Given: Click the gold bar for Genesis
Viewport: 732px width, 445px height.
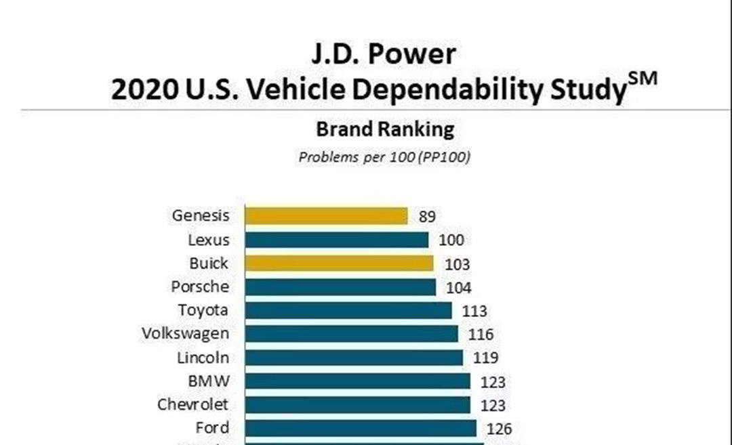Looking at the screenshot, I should pyautogui.click(x=326, y=216).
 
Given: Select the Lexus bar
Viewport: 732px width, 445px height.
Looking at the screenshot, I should pyautogui.click(x=336, y=240).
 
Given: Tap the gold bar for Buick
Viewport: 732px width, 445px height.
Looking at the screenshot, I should pyautogui.click(x=339, y=263).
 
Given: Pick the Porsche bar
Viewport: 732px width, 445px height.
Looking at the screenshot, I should pyautogui.click(x=340, y=287).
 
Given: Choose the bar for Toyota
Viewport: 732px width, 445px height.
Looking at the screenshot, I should pyautogui.click(x=348, y=310).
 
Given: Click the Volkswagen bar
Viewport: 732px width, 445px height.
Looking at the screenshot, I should pyautogui.click(x=351, y=334).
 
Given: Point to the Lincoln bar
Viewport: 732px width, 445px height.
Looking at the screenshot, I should pyautogui.click(x=354, y=358).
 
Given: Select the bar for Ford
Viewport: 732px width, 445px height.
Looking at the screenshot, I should pyautogui.click(x=360, y=428).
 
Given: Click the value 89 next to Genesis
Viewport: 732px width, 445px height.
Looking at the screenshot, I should pyautogui.click(x=427, y=217).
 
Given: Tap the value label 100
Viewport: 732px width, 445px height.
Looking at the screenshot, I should pyautogui.click(x=451, y=240).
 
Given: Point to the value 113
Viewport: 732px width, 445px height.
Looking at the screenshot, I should pyautogui.click(x=474, y=311).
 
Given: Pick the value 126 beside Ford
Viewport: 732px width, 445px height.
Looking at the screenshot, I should pyautogui.click(x=499, y=428).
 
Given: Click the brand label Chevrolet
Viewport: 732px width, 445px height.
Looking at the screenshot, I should pyautogui.click(x=193, y=404).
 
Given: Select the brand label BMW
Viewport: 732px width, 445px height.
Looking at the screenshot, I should pyautogui.click(x=209, y=381).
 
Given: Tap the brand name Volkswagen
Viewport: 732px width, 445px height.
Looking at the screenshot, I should pyautogui.click(x=185, y=334).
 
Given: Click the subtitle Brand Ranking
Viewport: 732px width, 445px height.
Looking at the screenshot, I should pyautogui.click(x=385, y=129).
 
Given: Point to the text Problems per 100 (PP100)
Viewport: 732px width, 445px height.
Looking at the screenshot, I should pyautogui.click(x=384, y=157).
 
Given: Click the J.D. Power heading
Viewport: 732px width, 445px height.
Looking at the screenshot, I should pyautogui.click(x=384, y=54).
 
